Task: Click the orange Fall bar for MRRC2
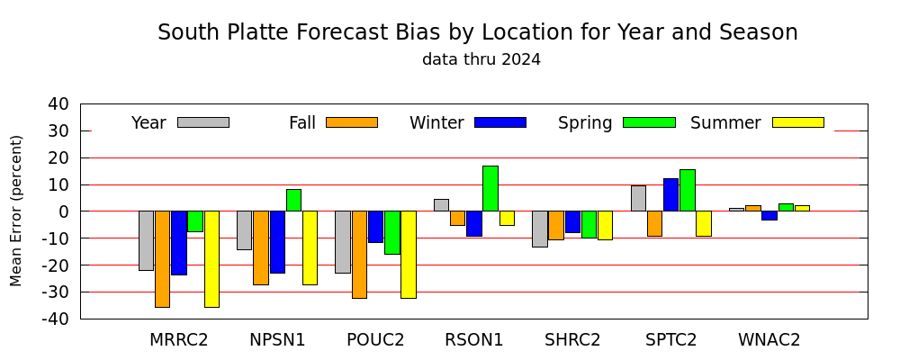coord(162,259)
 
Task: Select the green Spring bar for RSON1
coord(490,188)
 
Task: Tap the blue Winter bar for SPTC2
coord(671,194)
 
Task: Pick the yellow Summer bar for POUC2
coord(409,255)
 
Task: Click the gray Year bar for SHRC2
coord(539,229)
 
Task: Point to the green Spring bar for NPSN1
coord(293,201)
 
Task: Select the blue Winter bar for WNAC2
coord(769,215)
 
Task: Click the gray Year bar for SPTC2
coord(638,198)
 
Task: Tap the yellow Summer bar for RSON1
coord(507,218)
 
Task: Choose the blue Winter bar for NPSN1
coord(278,242)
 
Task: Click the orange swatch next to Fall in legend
coord(352,122)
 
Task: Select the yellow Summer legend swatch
coord(797,122)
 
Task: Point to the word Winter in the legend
coord(436,123)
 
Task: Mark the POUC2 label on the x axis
coord(375,340)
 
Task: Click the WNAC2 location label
coord(769,340)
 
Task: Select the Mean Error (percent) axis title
coord(16,211)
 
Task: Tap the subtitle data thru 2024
coord(481,59)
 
